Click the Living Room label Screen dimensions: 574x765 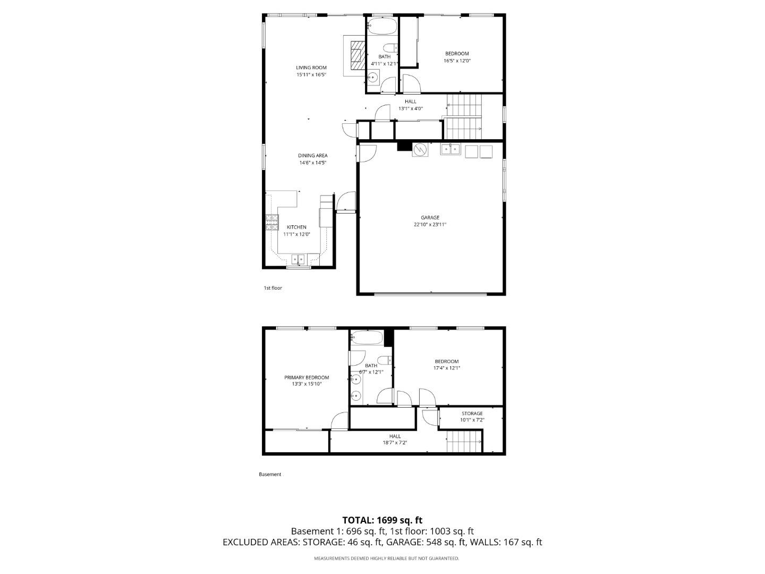(x=311, y=67)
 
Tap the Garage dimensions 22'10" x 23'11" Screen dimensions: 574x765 (x=430, y=225)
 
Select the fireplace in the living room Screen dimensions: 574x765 (x=354, y=55)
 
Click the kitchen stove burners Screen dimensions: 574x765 (x=272, y=222)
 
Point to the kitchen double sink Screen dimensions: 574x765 (x=298, y=259)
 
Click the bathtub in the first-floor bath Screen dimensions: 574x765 (x=381, y=26)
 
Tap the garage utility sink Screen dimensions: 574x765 (x=450, y=150)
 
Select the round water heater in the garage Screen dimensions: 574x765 (x=420, y=150)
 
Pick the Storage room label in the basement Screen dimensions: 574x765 (x=472, y=413)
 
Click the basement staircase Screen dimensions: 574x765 (x=464, y=442)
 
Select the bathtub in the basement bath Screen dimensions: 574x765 (x=366, y=337)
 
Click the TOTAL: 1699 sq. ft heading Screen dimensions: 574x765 (x=382, y=520)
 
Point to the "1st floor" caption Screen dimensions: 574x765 (x=273, y=288)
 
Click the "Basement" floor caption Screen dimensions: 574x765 (x=270, y=474)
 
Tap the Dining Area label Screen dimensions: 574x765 (x=312, y=156)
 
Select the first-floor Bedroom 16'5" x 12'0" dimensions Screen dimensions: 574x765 (x=457, y=61)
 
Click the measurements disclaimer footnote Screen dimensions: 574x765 (x=386, y=559)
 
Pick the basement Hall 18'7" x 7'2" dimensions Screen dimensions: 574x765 (x=395, y=443)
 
